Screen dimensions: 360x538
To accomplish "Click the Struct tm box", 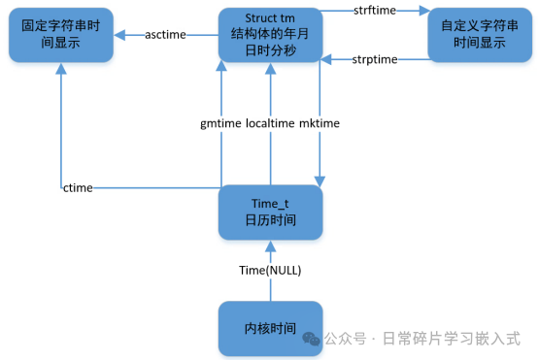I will pos(269,34).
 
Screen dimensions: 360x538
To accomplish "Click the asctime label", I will pos(165,35).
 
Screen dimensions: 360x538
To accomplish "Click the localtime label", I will pos(271,123).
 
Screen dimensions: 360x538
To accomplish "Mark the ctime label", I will pos(78,187).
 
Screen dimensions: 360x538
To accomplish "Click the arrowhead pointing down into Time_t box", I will pos(319,179).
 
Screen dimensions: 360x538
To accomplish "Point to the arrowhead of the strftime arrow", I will pos(423,12).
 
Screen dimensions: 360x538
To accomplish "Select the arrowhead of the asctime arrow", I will pos(119,35).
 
